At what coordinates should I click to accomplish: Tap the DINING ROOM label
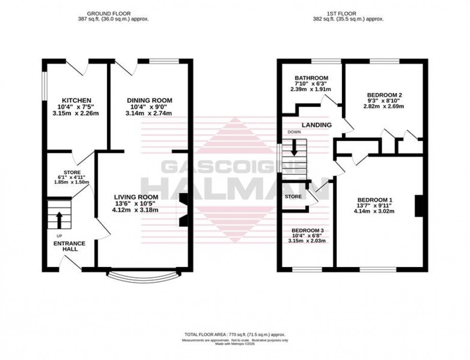149,100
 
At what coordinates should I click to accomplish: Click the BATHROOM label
311,78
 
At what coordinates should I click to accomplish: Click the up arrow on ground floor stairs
59,220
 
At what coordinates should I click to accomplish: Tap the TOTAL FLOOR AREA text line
235,334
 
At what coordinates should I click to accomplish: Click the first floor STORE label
293,197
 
